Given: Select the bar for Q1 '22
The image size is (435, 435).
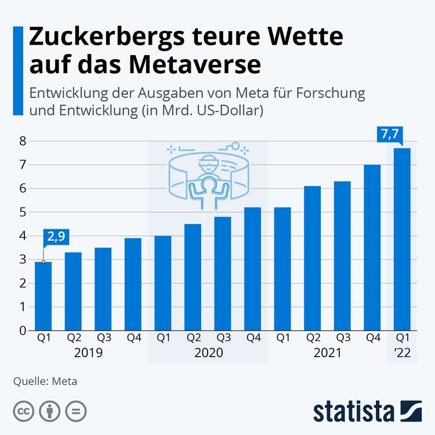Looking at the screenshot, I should tap(401, 239).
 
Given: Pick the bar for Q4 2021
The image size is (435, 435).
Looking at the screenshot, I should tap(372, 248).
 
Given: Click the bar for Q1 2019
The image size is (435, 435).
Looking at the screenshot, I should tap(43, 296).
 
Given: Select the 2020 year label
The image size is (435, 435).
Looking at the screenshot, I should tap(208, 352).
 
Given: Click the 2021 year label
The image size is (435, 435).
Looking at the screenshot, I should tap(328, 352).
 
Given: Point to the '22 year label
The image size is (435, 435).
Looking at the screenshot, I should tap(401, 352).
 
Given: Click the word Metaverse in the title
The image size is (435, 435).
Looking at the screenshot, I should tap(197, 64).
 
